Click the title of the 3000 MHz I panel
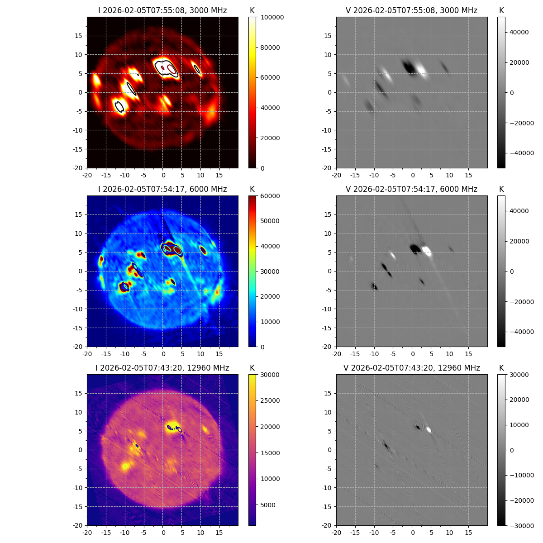click(162, 10)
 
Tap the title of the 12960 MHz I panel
click(162, 368)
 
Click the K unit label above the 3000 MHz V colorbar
click(501, 10)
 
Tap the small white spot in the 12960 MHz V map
click(429, 430)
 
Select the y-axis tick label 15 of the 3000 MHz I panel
click(79, 36)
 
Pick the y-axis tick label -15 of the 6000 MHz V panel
click(327, 328)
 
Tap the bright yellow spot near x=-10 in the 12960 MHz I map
click(125, 466)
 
